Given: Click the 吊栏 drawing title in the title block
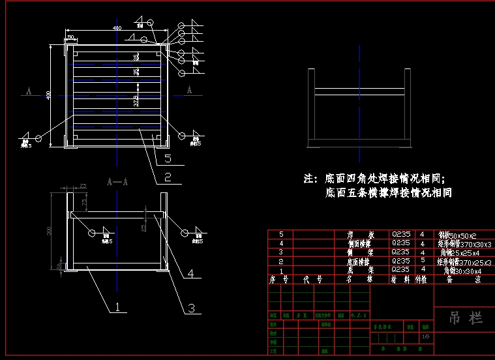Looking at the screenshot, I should pyautogui.click(x=466, y=318).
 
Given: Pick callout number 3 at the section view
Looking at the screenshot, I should pyautogui.click(x=191, y=307).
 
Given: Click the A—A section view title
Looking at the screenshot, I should pyautogui.click(x=117, y=183).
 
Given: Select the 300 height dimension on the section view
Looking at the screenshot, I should pyautogui.click(x=50, y=231).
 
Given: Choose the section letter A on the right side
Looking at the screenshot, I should pyautogui.click(x=189, y=91).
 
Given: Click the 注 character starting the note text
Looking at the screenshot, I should pyautogui.click(x=309, y=178).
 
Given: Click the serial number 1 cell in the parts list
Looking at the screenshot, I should pyautogui.click(x=281, y=270).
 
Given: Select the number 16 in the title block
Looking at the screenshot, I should pyautogui.click(x=425, y=337).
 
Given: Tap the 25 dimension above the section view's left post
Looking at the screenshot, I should pyautogui.click(x=83, y=187).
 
